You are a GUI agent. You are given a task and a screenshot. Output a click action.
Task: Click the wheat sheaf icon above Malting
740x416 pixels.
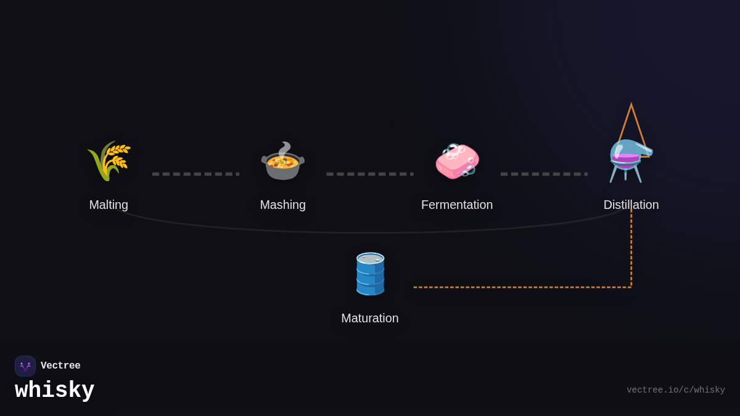pyautogui.click(x=109, y=161)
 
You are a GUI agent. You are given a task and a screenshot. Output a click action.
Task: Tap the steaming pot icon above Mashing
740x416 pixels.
pyautogui.click(x=282, y=163)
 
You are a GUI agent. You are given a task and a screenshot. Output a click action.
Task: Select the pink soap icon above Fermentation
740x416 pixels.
pyautogui.click(x=457, y=161)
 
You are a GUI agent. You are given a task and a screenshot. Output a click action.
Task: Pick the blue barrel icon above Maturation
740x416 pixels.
pyautogui.click(x=370, y=274)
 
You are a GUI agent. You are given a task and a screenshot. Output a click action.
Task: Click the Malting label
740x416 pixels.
pyautogui.click(x=109, y=205)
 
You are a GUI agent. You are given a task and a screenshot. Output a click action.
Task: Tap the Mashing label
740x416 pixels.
pyautogui.click(x=282, y=205)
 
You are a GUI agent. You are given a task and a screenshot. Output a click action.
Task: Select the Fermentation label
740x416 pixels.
pyautogui.click(x=457, y=205)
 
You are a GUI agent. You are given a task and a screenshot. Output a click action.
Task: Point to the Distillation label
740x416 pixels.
pyautogui.click(x=631, y=205)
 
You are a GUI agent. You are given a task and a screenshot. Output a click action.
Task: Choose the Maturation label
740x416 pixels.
pyautogui.click(x=370, y=318)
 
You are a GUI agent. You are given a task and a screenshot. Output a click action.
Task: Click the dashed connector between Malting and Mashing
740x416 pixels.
pyautogui.click(x=195, y=174)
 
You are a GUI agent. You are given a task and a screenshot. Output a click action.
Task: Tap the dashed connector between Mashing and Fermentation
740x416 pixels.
pyautogui.click(x=370, y=174)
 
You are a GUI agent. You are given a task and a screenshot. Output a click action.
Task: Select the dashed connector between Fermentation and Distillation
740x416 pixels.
pyautogui.click(x=544, y=174)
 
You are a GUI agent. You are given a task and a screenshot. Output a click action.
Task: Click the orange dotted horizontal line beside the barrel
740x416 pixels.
pyautogui.click(x=521, y=287)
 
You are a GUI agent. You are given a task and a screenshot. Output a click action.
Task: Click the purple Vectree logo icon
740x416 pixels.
pyautogui.click(x=25, y=366)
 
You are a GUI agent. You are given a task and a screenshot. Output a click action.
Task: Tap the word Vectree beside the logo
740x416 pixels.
pyautogui.click(x=60, y=366)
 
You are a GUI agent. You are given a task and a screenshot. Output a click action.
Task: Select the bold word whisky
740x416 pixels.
pyautogui.click(x=55, y=391)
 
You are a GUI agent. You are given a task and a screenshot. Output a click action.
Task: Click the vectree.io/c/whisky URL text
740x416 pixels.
pyautogui.click(x=675, y=390)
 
